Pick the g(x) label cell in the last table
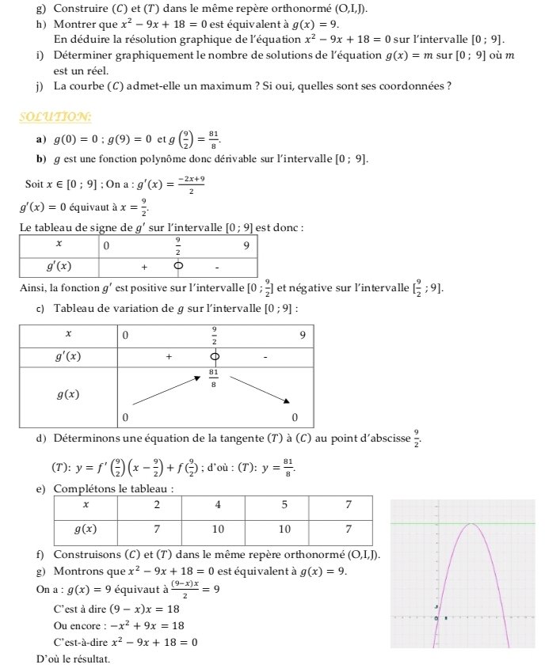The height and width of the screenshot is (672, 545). point(86,529)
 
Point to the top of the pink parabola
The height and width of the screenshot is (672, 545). point(471,524)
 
